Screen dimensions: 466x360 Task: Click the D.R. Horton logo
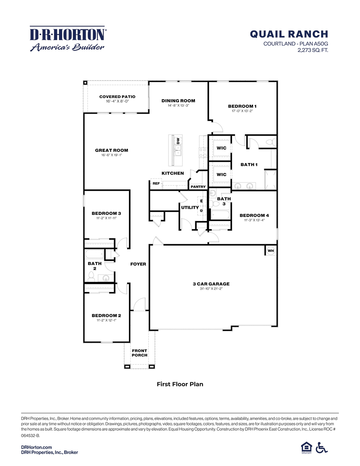pyautogui.click(x=67, y=39)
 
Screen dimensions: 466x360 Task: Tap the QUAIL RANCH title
pyautogui.click(x=289, y=34)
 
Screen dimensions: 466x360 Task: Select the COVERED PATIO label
pyautogui.click(x=117, y=97)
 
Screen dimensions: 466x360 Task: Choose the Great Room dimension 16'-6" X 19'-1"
pyautogui.click(x=112, y=155)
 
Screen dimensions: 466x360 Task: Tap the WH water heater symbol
pyautogui.click(x=270, y=251)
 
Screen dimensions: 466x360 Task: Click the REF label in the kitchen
pyautogui.click(x=156, y=183)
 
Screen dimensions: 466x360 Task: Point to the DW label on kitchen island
pyautogui.click(x=178, y=141)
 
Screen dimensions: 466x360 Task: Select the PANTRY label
pyautogui.click(x=198, y=187)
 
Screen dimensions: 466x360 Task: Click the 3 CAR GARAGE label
pyautogui.click(x=211, y=284)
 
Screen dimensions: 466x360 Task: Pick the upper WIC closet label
pyautogui.click(x=221, y=148)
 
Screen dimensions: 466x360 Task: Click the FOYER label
pyautogui.click(x=138, y=264)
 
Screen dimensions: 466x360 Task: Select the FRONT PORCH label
pyautogui.click(x=139, y=353)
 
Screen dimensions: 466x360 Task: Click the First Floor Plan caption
pyautogui.click(x=180, y=384)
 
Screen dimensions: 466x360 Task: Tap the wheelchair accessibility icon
pyautogui.click(x=321, y=448)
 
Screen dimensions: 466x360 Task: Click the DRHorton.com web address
pyautogui.click(x=37, y=447)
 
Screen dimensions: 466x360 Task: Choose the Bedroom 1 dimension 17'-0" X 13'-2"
pyautogui.click(x=242, y=111)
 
